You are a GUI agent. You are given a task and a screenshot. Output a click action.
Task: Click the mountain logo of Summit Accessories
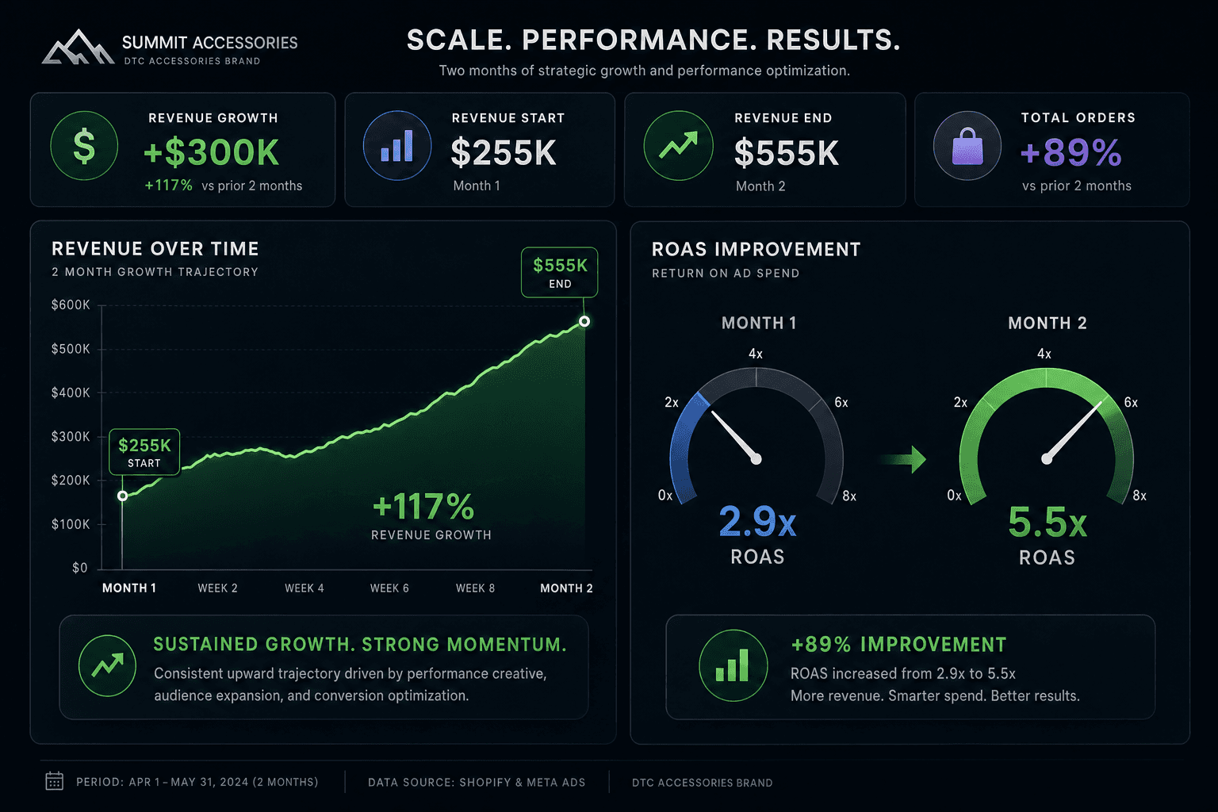click(x=78, y=48)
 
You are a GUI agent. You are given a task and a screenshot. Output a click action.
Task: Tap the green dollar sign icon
click(x=84, y=146)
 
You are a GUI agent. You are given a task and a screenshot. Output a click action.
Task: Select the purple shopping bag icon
click(x=967, y=146)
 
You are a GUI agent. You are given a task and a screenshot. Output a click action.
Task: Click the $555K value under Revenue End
click(x=787, y=153)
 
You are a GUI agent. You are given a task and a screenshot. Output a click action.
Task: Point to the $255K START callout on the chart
click(x=144, y=452)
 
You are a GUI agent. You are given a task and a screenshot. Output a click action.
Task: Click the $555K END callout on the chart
click(x=560, y=273)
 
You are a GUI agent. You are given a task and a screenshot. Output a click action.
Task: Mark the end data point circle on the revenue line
click(x=584, y=321)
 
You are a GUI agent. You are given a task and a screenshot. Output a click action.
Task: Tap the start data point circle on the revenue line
click(x=122, y=496)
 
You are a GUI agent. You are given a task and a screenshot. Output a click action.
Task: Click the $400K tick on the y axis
click(x=71, y=393)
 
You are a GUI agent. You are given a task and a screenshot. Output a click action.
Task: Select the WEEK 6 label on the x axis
click(x=389, y=588)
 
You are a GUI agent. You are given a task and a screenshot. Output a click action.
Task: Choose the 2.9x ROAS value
click(x=757, y=522)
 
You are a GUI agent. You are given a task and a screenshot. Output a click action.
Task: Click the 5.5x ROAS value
click(x=1048, y=522)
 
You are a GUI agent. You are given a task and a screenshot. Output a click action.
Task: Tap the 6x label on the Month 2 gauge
click(x=1131, y=403)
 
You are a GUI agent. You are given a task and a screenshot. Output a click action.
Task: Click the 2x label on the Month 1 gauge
click(x=672, y=403)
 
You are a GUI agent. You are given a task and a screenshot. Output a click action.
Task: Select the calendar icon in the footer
click(x=55, y=781)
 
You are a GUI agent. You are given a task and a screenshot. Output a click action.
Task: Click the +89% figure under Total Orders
click(x=1071, y=152)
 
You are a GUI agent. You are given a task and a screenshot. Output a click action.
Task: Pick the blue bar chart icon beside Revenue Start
click(x=397, y=146)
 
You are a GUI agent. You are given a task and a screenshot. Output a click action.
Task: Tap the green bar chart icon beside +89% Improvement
click(x=733, y=665)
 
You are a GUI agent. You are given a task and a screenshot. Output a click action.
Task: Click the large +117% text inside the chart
click(x=423, y=507)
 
